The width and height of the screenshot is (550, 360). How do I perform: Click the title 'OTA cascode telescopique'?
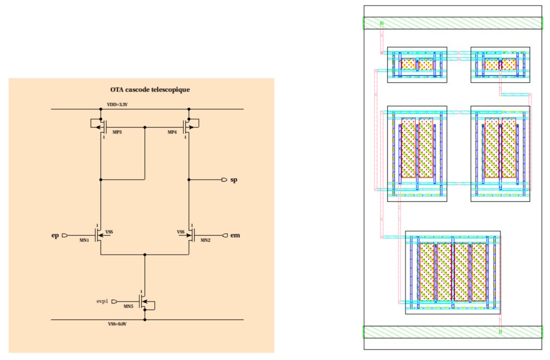pos(150,90)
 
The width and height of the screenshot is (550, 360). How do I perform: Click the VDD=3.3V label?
pos(117,105)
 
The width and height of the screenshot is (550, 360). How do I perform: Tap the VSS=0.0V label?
pos(117,324)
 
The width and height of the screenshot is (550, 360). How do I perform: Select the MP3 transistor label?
pos(117,132)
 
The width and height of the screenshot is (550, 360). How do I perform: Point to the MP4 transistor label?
pos(172,132)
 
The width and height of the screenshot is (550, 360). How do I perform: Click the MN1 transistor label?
pos(84,240)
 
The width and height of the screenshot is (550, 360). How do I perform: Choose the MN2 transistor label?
pos(206,240)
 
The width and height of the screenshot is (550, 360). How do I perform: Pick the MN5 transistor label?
pos(128,306)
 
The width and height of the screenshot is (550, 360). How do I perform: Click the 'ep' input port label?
pos(55,235)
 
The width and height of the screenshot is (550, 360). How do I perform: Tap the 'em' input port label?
pos(235,235)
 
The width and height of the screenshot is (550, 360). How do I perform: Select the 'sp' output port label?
pos(234,180)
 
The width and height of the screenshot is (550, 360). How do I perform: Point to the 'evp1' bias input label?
pos(103,301)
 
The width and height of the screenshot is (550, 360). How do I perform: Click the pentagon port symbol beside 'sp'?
pos(225,179)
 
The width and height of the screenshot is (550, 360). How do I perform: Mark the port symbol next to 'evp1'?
pos(114,301)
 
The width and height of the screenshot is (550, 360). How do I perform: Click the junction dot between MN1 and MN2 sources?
pos(145,255)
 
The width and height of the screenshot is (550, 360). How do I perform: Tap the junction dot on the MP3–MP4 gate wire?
pos(145,127)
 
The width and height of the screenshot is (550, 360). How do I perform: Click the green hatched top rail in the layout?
pos(453,23)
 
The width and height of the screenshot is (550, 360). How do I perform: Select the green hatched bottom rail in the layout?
pos(453,332)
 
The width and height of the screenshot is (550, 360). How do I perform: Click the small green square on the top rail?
pos(382,23)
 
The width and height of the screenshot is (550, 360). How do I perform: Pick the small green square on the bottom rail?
pos(500,332)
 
